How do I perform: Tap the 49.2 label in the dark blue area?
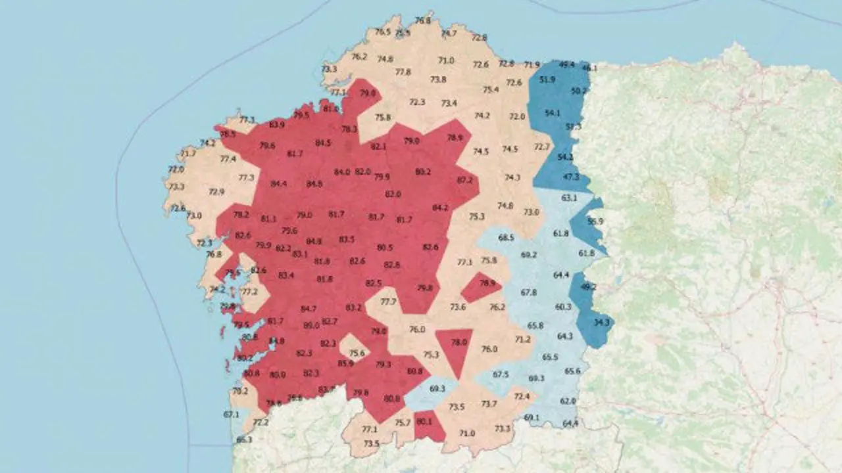(588, 287)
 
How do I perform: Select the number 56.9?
(595, 221)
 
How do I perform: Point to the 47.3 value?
(571, 177)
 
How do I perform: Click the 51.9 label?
(547, 79)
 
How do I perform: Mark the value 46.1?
(589, 68)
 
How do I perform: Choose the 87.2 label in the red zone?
(464, 180)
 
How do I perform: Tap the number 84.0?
(342, 172)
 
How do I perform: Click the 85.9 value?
(345, 363)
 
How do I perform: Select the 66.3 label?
(243, 439)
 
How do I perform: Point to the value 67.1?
(231, 415)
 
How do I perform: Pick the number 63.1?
(569, 197)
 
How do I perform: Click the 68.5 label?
(506, 238)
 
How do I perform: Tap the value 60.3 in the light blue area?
(563, 307)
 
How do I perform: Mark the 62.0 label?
(568, 401)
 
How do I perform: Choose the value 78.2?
(241, 215)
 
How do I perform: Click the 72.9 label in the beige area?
(216, 192)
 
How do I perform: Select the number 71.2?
(522, 340)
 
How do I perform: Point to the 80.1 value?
(424, 422)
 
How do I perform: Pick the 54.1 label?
(553, 113)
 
